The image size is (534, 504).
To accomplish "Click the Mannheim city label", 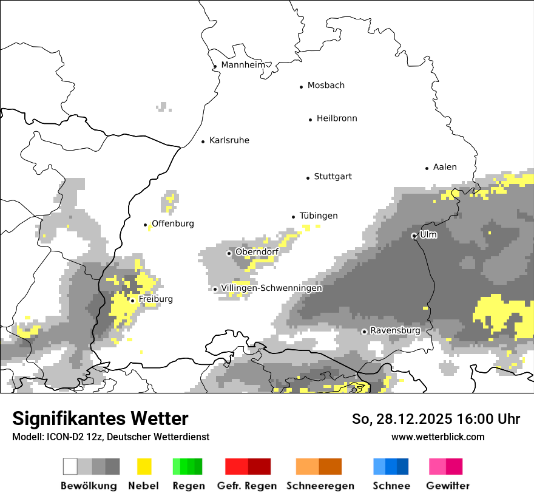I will point(243,65).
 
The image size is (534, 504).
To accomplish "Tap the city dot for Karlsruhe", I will point(203,141).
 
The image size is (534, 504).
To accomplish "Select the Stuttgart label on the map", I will point(333,177).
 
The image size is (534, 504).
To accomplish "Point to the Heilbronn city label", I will point(337,118).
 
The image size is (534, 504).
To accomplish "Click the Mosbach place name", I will point(326,86).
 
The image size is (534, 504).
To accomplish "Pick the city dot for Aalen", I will point(427,168).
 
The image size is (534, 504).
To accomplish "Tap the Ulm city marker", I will point(414,236).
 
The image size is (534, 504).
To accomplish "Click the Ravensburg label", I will point(395,331).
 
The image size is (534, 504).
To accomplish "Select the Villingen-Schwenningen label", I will point(271,288).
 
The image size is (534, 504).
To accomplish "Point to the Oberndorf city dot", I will point(229,253).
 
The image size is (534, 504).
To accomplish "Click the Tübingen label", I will point(319,216).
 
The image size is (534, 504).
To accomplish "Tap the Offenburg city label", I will point(173,224).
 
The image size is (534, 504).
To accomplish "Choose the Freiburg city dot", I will point(132,301).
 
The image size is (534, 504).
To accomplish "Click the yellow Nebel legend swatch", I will point(144,466).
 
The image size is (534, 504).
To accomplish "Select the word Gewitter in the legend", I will point(448,486).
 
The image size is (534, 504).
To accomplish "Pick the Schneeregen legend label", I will point(320,486).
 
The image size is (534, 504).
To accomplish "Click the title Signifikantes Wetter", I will point(100,418).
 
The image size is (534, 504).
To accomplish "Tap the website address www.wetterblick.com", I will point(438,437).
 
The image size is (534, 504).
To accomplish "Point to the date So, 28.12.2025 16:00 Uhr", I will point(436,419).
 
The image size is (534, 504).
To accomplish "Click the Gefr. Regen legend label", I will point(247,486).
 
